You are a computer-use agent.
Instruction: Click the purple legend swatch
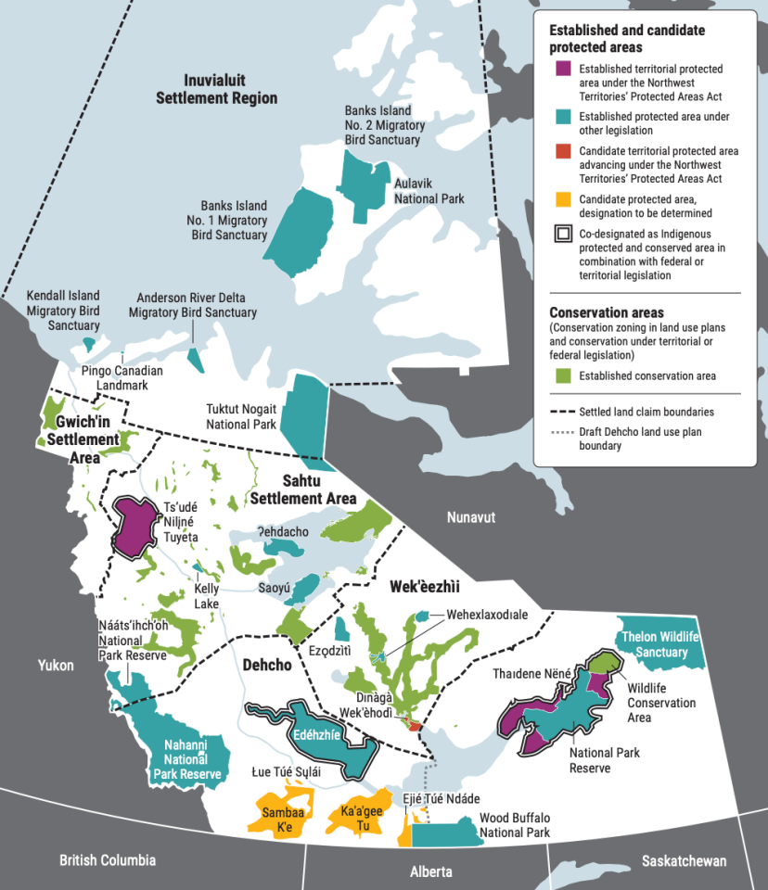coord(561,69)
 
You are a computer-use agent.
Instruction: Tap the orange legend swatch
coord(561,198)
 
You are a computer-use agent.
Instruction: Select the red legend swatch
coord(561,150)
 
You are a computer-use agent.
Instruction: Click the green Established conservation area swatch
coord(561,375)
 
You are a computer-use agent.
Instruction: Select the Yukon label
coord(55,665)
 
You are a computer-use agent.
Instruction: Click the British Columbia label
coord(108,860)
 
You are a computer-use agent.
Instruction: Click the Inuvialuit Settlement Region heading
coord(217,89)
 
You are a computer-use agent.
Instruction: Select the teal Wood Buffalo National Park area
coord(445,834)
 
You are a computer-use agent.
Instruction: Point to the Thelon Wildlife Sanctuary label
coord(661,643)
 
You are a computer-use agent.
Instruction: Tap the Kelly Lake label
coord(206,596)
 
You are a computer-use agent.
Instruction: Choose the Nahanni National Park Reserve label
coord(186,758)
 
